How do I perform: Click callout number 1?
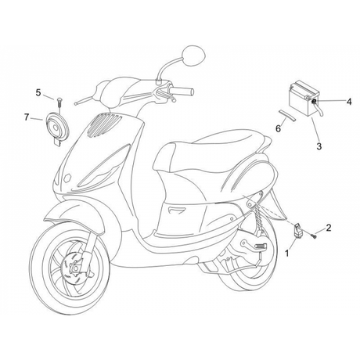[x=287, y=253]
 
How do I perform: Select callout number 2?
[x=329, y=228]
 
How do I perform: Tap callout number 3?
[x=319, y=146]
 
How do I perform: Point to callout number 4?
[x=349, y=102]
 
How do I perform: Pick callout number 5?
[x=38, y=92]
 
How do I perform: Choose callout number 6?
[x=279, y=128]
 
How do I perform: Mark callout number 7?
[x=26, y=117]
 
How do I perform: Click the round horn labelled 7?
[x=57, y=128]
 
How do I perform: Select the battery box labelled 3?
[x=304, y=100]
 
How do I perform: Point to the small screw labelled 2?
[x=313, y=236]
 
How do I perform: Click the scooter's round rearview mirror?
[x=193, y=56]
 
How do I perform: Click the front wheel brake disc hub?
[x=75, y=268]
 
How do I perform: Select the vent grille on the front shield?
[x=103, y=124]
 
